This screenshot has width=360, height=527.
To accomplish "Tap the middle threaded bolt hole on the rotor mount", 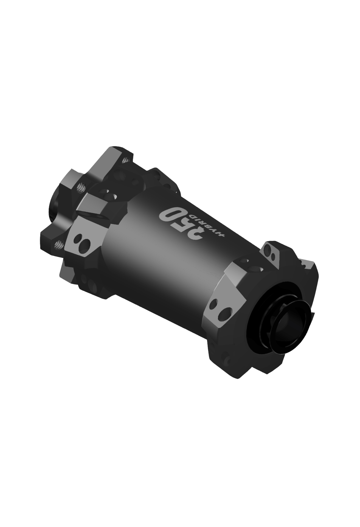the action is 81,187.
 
